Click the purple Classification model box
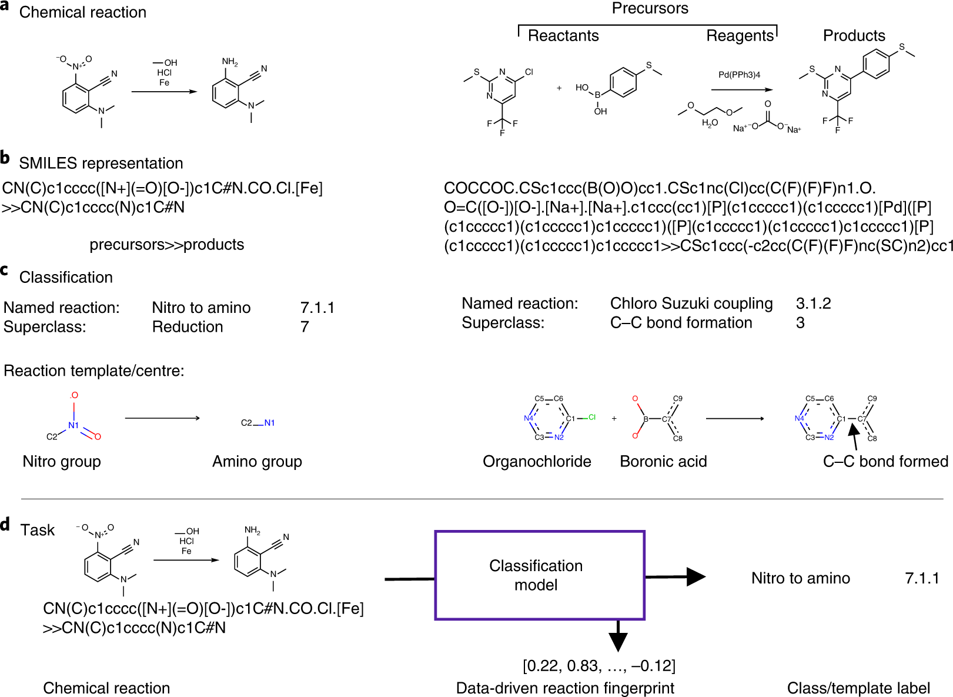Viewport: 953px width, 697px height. (x=539, y=575)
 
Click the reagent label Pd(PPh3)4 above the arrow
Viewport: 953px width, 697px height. (x=739, y=75)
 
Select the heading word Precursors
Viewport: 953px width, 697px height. (x=650, y=8)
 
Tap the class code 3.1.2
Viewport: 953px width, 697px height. (x=813, y=304)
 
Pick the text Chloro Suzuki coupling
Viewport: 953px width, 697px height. (x=691, y=304)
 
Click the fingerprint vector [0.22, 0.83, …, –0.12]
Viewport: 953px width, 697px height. (x=598, y=666)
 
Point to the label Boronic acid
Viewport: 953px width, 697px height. (x=663, y=462)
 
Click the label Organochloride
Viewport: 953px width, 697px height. (x=537, y=462)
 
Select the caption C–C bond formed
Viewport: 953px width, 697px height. (x=885, y=462)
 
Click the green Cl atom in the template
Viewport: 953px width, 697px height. (x=591, y=417)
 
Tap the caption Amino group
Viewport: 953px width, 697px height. (x=257, y=462)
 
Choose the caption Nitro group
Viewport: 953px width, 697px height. (x=62, y=462)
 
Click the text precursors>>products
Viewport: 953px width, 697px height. (x=166, y=245)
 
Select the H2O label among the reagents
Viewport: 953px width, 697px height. (x=710, y=123)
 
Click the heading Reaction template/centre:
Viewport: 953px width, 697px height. (x=94, y=371)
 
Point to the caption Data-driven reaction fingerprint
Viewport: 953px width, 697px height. (x=565, y=688)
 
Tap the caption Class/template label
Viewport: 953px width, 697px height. (x=858, y=688)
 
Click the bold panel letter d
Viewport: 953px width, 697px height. (x=5, y=523)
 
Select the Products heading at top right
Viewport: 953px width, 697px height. (x=854, y=36)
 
